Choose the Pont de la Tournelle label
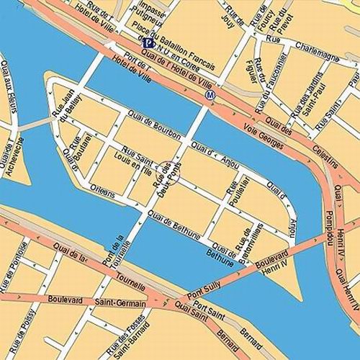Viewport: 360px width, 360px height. (x=115, y=249)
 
